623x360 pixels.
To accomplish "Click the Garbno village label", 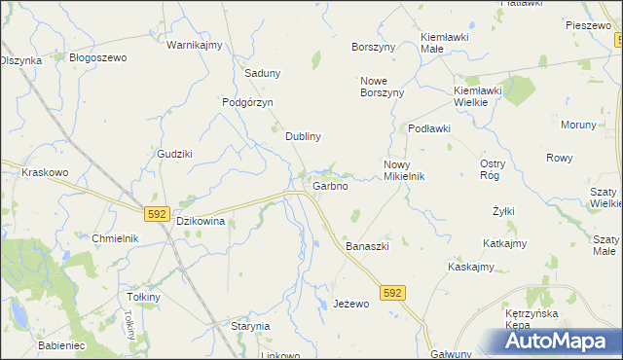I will coord(330,186).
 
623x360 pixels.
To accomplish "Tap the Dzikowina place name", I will coord(201,221).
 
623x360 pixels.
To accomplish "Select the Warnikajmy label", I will coord(195,46).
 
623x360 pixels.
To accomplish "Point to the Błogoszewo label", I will coord(98,57).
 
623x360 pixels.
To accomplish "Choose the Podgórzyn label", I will coord(247,102).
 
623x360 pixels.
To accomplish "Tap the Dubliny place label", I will coord(303,137).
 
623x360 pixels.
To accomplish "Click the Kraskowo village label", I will coord(44,172).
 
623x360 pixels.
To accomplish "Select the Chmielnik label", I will coord(115,238).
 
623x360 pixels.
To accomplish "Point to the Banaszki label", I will coord(367,246).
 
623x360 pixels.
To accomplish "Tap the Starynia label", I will coord(249,326).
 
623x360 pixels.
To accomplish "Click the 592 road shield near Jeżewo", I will coord(392,292).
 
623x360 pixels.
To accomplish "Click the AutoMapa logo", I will coord(564,341).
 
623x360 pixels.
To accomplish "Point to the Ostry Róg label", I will coord(493,169).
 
